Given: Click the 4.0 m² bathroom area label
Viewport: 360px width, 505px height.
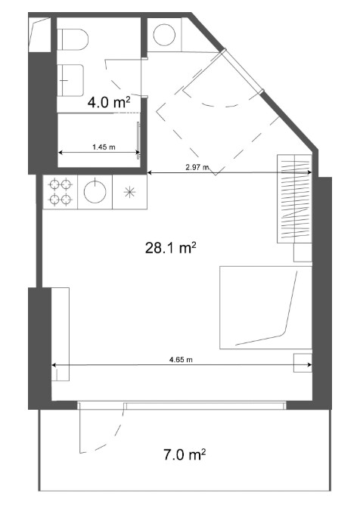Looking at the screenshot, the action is point(109,102).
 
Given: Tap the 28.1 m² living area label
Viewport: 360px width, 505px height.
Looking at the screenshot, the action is point(171,248).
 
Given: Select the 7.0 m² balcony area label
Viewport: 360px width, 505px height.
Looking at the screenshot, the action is point(185,455).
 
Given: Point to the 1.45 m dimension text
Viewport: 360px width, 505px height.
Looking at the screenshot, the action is point(104,147).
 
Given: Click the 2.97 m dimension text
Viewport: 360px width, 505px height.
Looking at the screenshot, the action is point(197,167).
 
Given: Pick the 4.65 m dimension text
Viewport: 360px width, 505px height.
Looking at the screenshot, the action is point(181,359).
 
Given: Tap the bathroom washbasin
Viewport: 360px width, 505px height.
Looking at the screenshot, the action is point(71,81).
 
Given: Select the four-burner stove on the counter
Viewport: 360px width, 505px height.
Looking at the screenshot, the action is point(61,192).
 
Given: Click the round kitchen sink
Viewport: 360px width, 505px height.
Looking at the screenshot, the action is point(95,192).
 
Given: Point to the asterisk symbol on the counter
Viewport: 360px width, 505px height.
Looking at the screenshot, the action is point(129,192).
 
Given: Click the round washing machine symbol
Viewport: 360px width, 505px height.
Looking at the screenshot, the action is point(164,35).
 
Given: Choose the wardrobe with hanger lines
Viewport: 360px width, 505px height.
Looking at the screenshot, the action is point(294,199).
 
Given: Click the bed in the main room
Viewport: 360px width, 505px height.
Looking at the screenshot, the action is point(266,308).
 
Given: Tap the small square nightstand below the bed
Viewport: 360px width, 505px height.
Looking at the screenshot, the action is point(303,363).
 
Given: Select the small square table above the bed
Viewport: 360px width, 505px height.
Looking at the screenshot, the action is point(303,253).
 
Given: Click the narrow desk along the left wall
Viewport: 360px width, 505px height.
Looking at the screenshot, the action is point(61,334).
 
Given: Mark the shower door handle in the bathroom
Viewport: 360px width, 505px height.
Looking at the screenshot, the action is point(138,139).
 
